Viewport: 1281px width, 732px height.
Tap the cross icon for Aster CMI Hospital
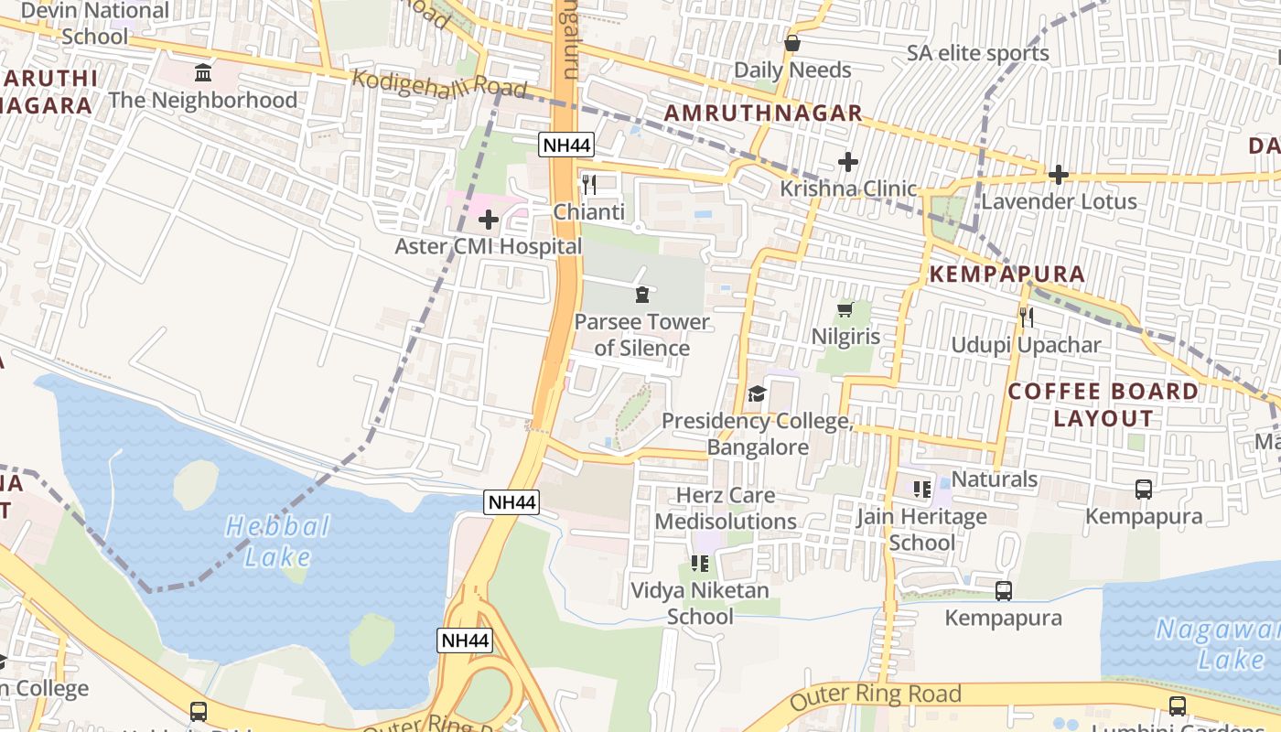(x=489, y=220)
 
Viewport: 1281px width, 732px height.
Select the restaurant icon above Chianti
(x=589, y=184)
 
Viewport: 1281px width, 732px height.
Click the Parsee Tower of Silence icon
(x=641, y=295)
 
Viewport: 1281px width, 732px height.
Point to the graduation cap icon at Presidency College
(x=757, y=394)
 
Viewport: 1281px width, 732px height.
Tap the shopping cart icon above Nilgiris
(x=845, y=310)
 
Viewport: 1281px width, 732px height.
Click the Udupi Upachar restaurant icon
(x=1026, y=318)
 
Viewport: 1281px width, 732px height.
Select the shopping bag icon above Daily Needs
(x=792, y=43)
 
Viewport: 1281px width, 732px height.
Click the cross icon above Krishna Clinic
(x=848, y=163)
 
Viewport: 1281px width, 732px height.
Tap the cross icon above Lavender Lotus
(x=1059, y=174)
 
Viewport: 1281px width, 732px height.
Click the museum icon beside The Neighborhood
(x=203, y=72)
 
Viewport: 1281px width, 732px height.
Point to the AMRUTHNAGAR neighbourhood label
(x=763, y=113)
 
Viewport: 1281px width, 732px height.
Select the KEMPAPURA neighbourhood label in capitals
(x=1006, y=274)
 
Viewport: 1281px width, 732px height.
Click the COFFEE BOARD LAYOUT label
(x=1103, y=404)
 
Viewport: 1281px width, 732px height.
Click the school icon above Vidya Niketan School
(x=700, y=563)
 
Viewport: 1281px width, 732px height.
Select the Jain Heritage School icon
(x=921, y=490)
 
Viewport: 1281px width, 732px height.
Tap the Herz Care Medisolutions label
(x=726, y=509)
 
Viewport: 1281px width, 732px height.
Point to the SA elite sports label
(x=977, y=53)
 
